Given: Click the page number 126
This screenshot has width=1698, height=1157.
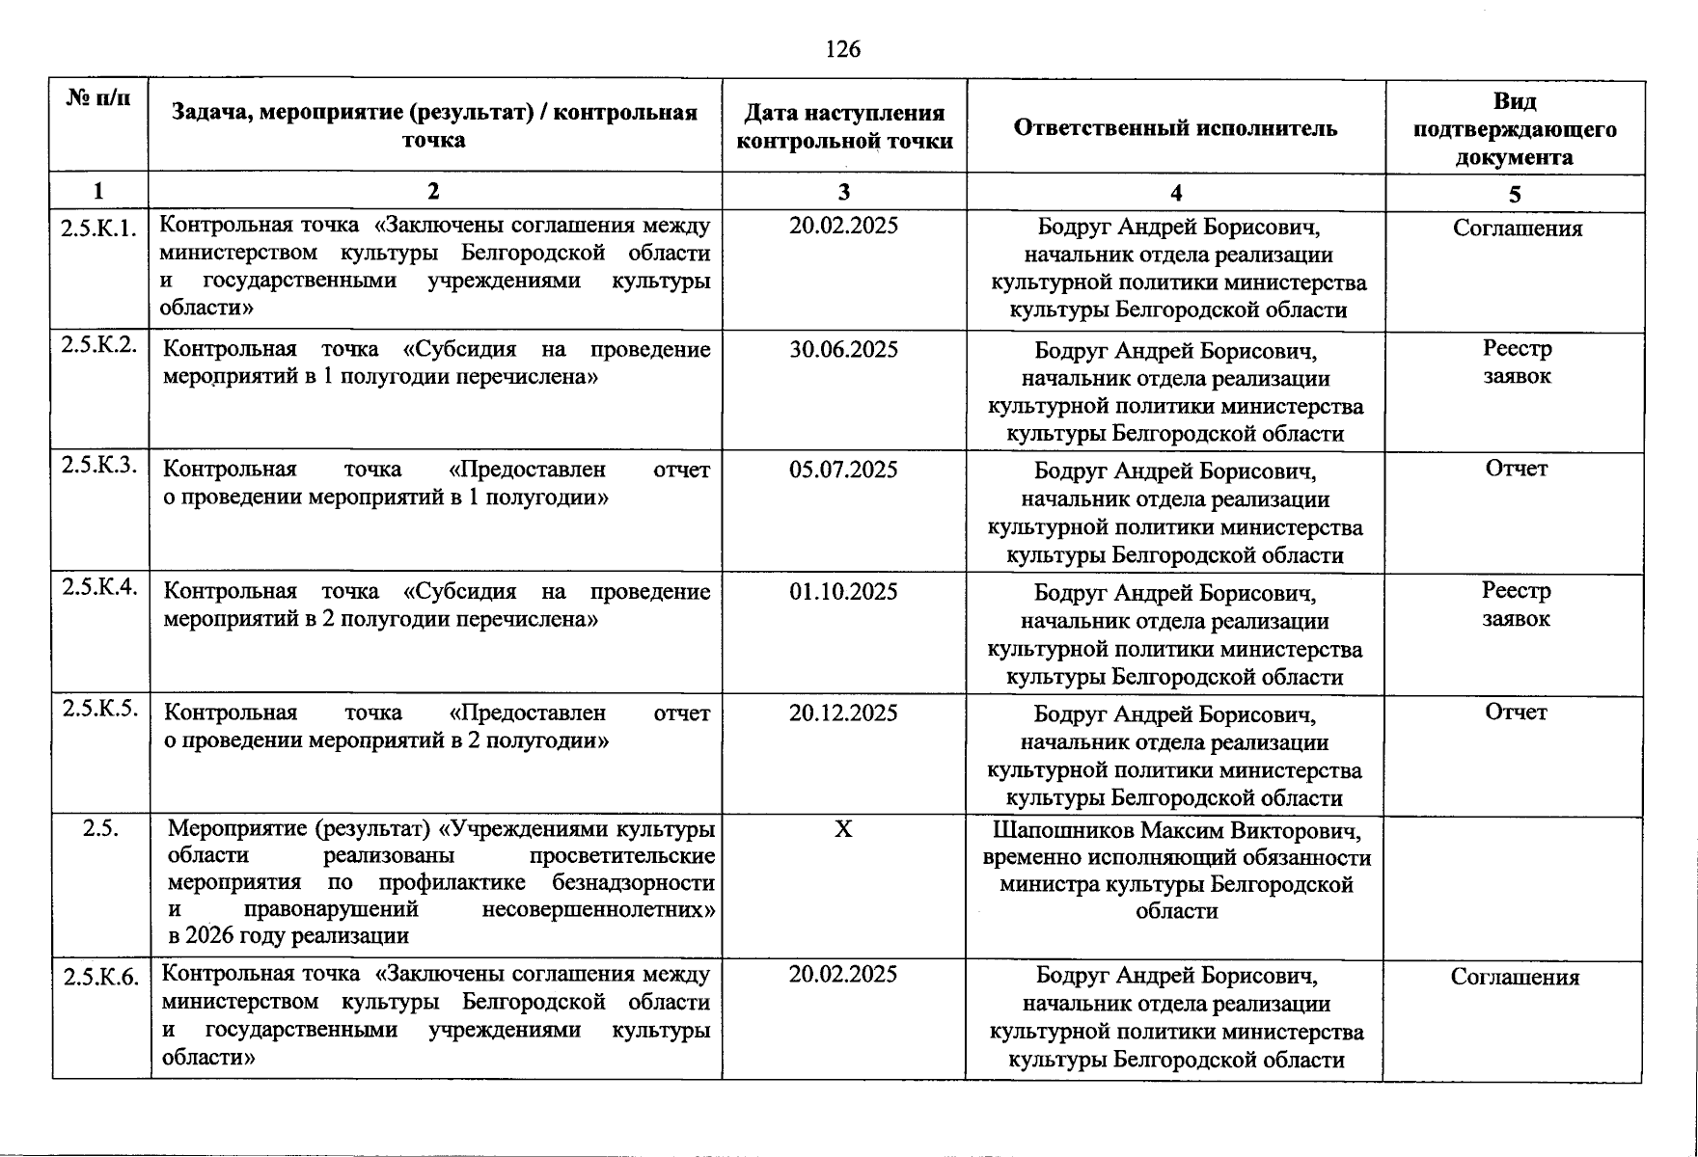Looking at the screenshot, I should [x=843, y=49].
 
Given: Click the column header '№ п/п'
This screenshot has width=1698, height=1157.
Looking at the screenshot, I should [x=98, y=98].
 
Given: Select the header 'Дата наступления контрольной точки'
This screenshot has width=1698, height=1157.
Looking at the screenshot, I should [x=844, y=127].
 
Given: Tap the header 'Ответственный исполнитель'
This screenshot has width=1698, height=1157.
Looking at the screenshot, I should [x=1175, y=128].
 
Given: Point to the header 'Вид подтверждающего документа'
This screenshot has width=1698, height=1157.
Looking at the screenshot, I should [x=1515, y=129].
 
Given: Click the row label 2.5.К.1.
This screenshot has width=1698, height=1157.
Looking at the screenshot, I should [x=98, y=229].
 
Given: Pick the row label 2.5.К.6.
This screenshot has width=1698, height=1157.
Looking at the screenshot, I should [x=101, y=978].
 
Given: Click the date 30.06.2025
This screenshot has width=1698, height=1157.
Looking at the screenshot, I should [x=843, y=349].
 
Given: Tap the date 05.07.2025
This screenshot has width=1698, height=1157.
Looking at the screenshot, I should [x=843, y=471].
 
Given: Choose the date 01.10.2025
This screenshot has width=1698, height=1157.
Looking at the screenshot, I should [x=843, y=592].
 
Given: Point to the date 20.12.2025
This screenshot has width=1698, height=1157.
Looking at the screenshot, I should [x=843, y=713].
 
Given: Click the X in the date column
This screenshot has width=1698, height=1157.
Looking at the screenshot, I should [x=843, y=829].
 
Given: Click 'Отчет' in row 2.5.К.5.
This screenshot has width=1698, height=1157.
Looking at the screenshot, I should [x=1516, y=713].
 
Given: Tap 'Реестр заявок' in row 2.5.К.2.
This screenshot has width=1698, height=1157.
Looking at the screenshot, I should [x=1517, y=363].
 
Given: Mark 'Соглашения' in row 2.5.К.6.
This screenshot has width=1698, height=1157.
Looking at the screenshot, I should [x=1515, y=978].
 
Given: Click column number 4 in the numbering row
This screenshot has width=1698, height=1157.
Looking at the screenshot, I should [x=1175, y=193].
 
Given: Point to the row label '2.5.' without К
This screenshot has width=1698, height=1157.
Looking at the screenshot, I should [x=100, y=829].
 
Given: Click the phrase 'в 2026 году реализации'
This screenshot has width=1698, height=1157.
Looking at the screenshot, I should [x=288, y=935].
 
